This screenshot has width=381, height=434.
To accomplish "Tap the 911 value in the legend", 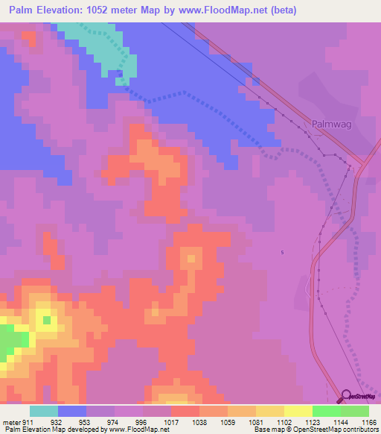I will click(28, 422).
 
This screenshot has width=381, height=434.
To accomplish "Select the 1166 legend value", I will click(369, 422).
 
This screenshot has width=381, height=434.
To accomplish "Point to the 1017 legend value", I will click(170, 422).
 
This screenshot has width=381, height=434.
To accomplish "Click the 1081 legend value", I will click(255, 422).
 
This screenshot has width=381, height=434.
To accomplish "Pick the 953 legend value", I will click(86, 422).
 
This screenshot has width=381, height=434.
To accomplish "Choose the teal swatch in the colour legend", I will click(43, 411).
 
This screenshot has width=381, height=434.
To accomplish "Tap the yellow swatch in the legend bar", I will click(298, 411).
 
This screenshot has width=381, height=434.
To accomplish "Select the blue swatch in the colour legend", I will click(71, 411).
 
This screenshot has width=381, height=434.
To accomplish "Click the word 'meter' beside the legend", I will click(11, 422).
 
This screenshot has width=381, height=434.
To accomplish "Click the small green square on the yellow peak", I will click(47, 320).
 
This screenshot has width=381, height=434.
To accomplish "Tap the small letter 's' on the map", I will click(282, 252).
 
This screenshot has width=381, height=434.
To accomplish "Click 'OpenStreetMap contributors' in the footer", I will click(341, 430).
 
